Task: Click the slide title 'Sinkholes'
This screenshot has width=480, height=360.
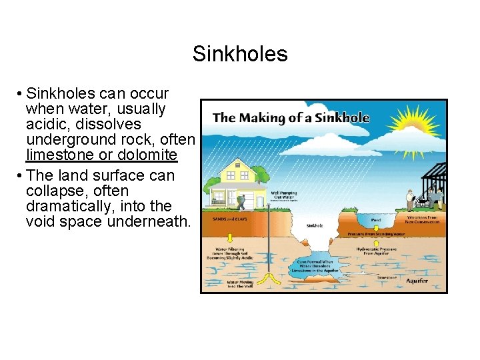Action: tap(240, 53)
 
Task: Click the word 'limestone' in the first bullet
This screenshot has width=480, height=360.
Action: tap(57, 155)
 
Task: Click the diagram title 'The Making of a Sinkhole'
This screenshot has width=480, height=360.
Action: tap(291, 118)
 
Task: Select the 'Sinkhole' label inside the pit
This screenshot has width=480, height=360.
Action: tap(315, 226)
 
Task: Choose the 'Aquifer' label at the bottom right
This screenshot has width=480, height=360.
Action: tap(417, 281)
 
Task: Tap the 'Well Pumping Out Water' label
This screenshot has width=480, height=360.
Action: tap(283, 195)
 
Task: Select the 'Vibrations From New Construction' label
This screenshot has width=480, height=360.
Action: tap(423, 219)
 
